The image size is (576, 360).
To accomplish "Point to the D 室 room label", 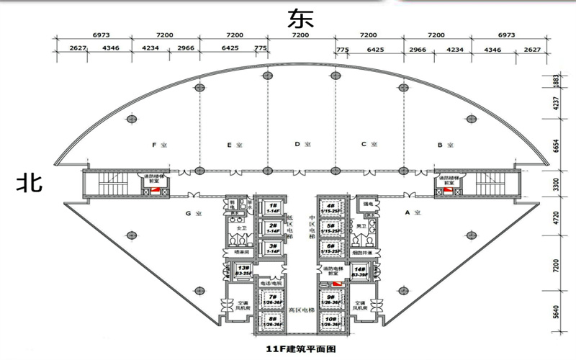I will tap(302, 145).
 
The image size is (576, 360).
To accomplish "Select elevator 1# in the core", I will tap(273, 207).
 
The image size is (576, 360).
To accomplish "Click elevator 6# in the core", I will tap(331, 248).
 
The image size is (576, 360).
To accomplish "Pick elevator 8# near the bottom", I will tap(273, 320).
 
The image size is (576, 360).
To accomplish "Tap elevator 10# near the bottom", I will tap(331, 320).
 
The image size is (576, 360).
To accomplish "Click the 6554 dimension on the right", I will tap(555, 145).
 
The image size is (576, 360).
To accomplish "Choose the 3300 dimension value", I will tap(555, 185).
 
